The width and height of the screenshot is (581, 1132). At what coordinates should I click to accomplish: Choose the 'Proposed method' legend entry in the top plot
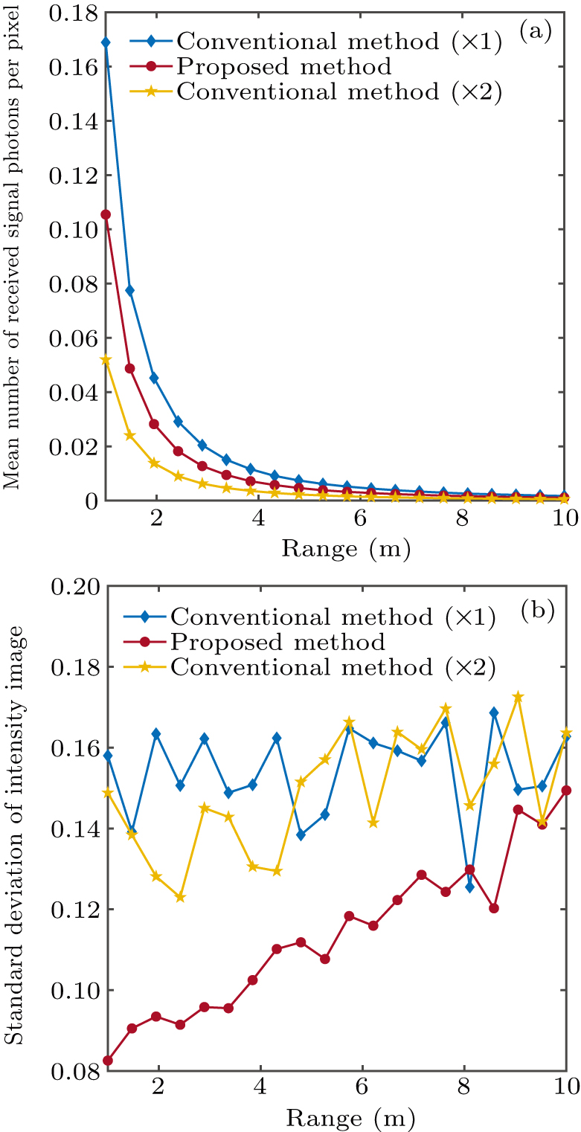pyautogui.click(x=284, y=67)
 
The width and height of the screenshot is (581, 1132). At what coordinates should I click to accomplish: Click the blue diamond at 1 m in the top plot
pyautogui.click(x=106, y=42)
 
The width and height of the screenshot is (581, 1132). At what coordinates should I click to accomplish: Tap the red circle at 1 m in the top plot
pyautogui.click(x=106, y=214)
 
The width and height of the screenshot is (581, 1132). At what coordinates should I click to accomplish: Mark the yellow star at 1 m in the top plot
pyautogui.click(x=106, y=359)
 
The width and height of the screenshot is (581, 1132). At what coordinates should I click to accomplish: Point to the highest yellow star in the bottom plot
pyautogui.click(x=519, y=697)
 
